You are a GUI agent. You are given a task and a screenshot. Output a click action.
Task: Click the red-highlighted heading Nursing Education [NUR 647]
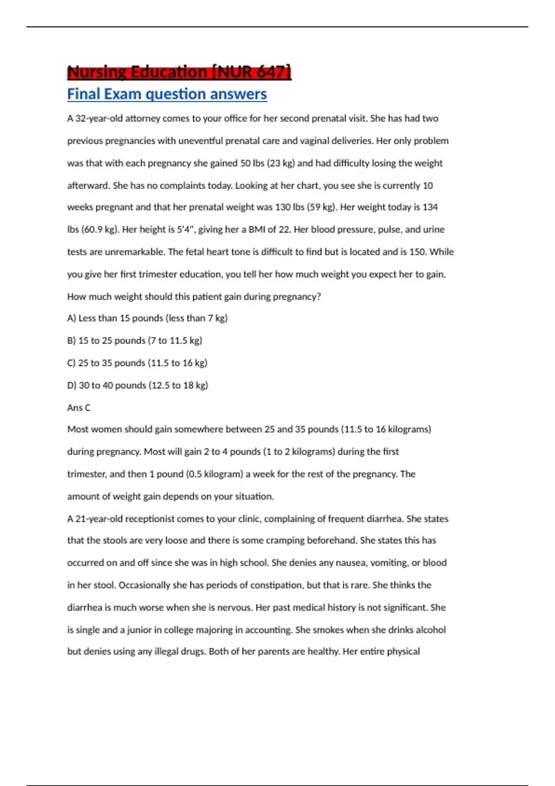179,72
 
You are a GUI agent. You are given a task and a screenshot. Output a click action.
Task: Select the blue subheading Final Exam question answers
167,94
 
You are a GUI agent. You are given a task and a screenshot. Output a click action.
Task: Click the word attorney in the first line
142,118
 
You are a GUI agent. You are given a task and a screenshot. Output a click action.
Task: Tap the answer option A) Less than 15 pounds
147,318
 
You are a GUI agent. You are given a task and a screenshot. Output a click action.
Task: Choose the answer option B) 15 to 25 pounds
135,341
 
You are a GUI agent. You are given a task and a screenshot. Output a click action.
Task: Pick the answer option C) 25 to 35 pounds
137,363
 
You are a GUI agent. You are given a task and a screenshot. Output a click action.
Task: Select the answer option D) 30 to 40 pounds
137,385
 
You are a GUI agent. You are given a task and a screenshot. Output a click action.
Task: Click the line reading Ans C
79,408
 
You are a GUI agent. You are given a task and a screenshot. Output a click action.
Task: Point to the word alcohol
431,630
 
